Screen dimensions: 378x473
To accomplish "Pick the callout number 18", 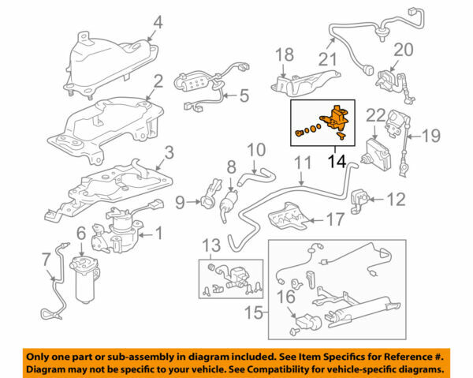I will click(x=284, y=54).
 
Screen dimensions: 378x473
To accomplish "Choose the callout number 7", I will click(x=46, y=258).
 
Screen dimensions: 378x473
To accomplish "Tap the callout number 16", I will click(x=287, y=297).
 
